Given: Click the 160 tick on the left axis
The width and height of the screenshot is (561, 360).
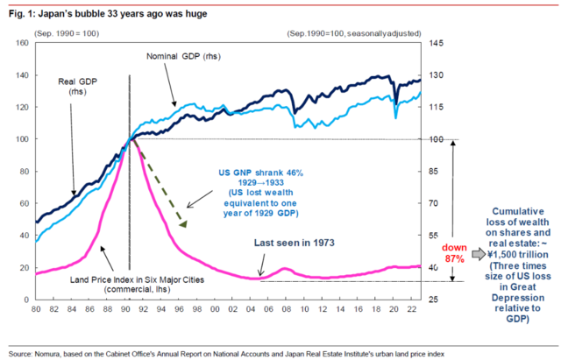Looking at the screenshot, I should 21,43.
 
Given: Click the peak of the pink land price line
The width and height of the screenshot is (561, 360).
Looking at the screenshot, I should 130,139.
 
